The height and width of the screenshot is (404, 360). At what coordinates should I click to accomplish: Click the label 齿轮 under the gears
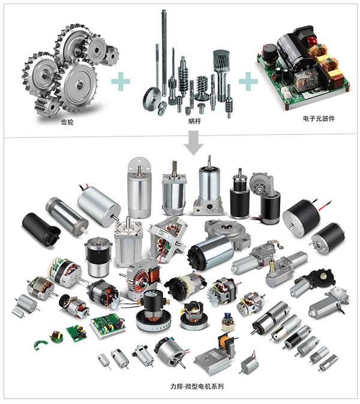[67, 122]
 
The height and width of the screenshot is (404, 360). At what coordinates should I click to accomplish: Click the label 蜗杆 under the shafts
[194, 121]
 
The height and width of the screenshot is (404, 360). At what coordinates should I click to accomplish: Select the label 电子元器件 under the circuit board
[319, 118]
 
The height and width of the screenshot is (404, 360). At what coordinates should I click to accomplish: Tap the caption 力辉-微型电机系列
[197, 386]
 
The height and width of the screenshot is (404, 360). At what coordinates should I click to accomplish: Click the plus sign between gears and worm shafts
[121, 82]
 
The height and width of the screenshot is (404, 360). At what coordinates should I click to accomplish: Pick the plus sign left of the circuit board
[248, 82]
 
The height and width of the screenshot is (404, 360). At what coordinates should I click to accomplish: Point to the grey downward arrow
[194, 142]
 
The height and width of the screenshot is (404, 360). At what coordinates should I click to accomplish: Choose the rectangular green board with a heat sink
[108, 326]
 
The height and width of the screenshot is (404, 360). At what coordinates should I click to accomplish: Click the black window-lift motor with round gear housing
[313, 283]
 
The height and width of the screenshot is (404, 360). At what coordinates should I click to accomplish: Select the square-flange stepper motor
[128, 242]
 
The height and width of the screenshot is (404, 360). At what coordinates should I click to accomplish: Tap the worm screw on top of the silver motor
[175, 169]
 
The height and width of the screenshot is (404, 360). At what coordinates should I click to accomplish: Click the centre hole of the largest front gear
[80, 85]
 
